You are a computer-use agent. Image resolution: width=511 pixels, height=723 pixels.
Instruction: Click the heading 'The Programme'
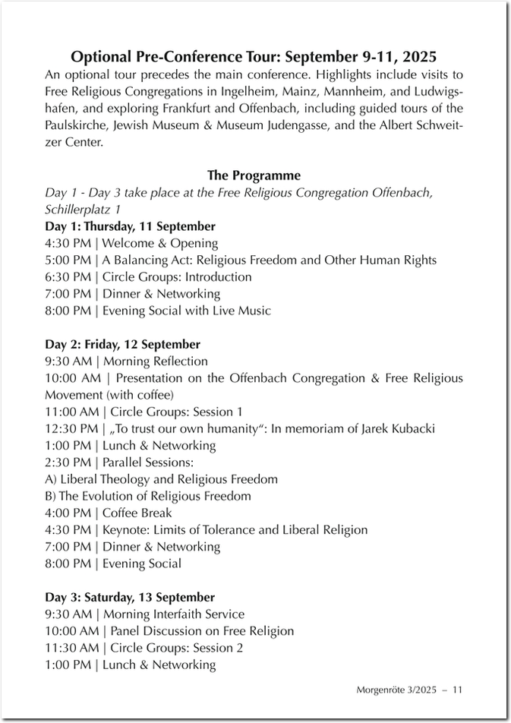tap(254, 176)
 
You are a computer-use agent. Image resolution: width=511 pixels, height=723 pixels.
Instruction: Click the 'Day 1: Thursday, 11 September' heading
tap(130, 226)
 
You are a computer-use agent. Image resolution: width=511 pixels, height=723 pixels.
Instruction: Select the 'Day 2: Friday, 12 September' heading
tap(122, 344)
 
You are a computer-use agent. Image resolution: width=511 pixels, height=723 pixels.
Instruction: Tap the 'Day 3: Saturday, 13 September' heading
tap(130, 597)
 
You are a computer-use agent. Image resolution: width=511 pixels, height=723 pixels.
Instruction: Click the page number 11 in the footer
tap(457, 690)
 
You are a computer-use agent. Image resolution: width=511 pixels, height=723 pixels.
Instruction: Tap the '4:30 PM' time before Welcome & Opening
tap(68, 243)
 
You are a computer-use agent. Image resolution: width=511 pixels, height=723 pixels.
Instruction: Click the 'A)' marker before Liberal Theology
tap(51, 479)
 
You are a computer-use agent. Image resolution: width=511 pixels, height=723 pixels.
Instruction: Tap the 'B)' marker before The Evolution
tap(51, 496)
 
